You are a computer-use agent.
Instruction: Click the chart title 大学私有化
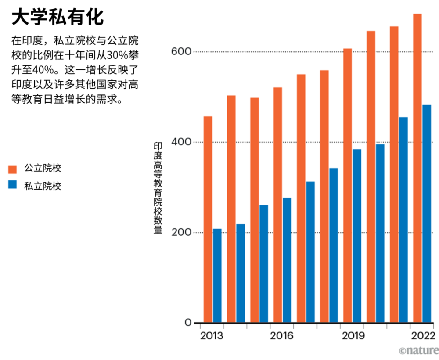[57, 18]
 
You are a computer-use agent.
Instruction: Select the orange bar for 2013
[208, 220]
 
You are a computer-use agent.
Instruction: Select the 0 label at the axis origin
[188, 323]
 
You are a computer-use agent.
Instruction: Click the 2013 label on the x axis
[212, 336]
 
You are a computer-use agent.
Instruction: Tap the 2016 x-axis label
[281, 336]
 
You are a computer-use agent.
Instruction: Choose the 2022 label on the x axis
[422, 336]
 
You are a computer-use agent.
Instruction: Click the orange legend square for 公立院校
[12, 169]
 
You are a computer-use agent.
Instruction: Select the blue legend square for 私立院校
[12, 186]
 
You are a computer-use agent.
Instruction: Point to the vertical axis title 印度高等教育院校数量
[158, 188]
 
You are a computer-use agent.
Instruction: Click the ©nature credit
[418, 350]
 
